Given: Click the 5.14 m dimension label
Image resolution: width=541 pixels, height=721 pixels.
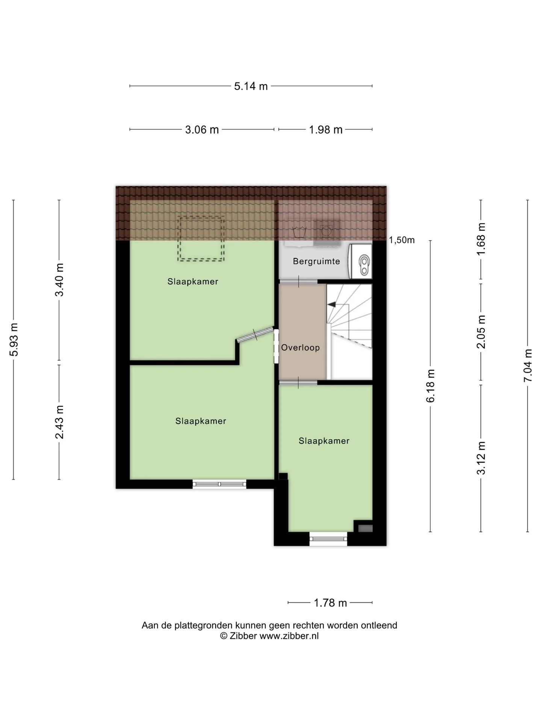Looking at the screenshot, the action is [x=251, y=86].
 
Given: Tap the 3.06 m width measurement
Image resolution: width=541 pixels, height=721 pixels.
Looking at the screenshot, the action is [x=202, y=130].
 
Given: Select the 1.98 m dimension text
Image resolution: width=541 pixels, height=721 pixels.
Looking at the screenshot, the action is [x=325, y=130].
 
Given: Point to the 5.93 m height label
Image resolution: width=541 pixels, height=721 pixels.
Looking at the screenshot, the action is [x=14, y=339].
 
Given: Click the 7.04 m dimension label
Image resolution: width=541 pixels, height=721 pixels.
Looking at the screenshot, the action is [x=528, y=365].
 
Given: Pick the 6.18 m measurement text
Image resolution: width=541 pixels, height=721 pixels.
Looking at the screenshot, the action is [x=430, y=385].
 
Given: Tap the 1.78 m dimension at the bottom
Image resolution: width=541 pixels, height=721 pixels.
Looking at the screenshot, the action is [x=330, y=603].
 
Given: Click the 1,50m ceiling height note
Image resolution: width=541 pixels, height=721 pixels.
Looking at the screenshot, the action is [x=402, y=240].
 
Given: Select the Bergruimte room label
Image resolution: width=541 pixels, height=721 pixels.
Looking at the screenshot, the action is [x=316, y=261].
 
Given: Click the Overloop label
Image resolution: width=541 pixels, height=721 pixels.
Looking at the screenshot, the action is [x=301, y=348].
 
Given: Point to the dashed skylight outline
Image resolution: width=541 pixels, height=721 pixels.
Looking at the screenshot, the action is [x=201, y=239].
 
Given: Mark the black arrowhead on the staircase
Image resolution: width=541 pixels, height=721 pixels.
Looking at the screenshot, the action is [x=332, y=305].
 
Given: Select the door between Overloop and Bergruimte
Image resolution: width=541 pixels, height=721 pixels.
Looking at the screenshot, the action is [x=299, y=282].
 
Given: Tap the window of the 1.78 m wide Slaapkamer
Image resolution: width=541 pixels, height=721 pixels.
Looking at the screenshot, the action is [x=328, y=539].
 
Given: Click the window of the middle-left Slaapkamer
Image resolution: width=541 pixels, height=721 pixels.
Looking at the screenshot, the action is [x=219, y=484].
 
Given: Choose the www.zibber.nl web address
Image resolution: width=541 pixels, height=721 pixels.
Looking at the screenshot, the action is [x=289, y=636].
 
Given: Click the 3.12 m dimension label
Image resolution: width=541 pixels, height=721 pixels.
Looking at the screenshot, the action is [x=481, y=458].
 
